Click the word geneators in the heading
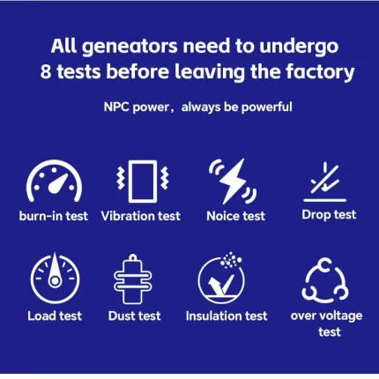tap(130, 47)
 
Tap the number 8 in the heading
tap(46, 72)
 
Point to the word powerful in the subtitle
tap(267, 107)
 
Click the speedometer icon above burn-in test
tap(55, 181)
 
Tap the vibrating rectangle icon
tap(143, 182)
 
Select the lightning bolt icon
tap(233, 182)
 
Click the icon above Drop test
tap(325, 182)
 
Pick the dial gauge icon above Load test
tap(55, 278)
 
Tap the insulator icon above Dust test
tap(133, 279)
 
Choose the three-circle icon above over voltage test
tap(325, 280)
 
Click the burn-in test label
tap(54, 216)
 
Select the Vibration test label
tap(140, 216)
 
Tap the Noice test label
tap(235, 216)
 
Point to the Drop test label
tap(329, 215)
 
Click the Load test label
tap(55, 316)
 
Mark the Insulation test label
tap(227, 316)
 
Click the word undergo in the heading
tap(299, 47)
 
